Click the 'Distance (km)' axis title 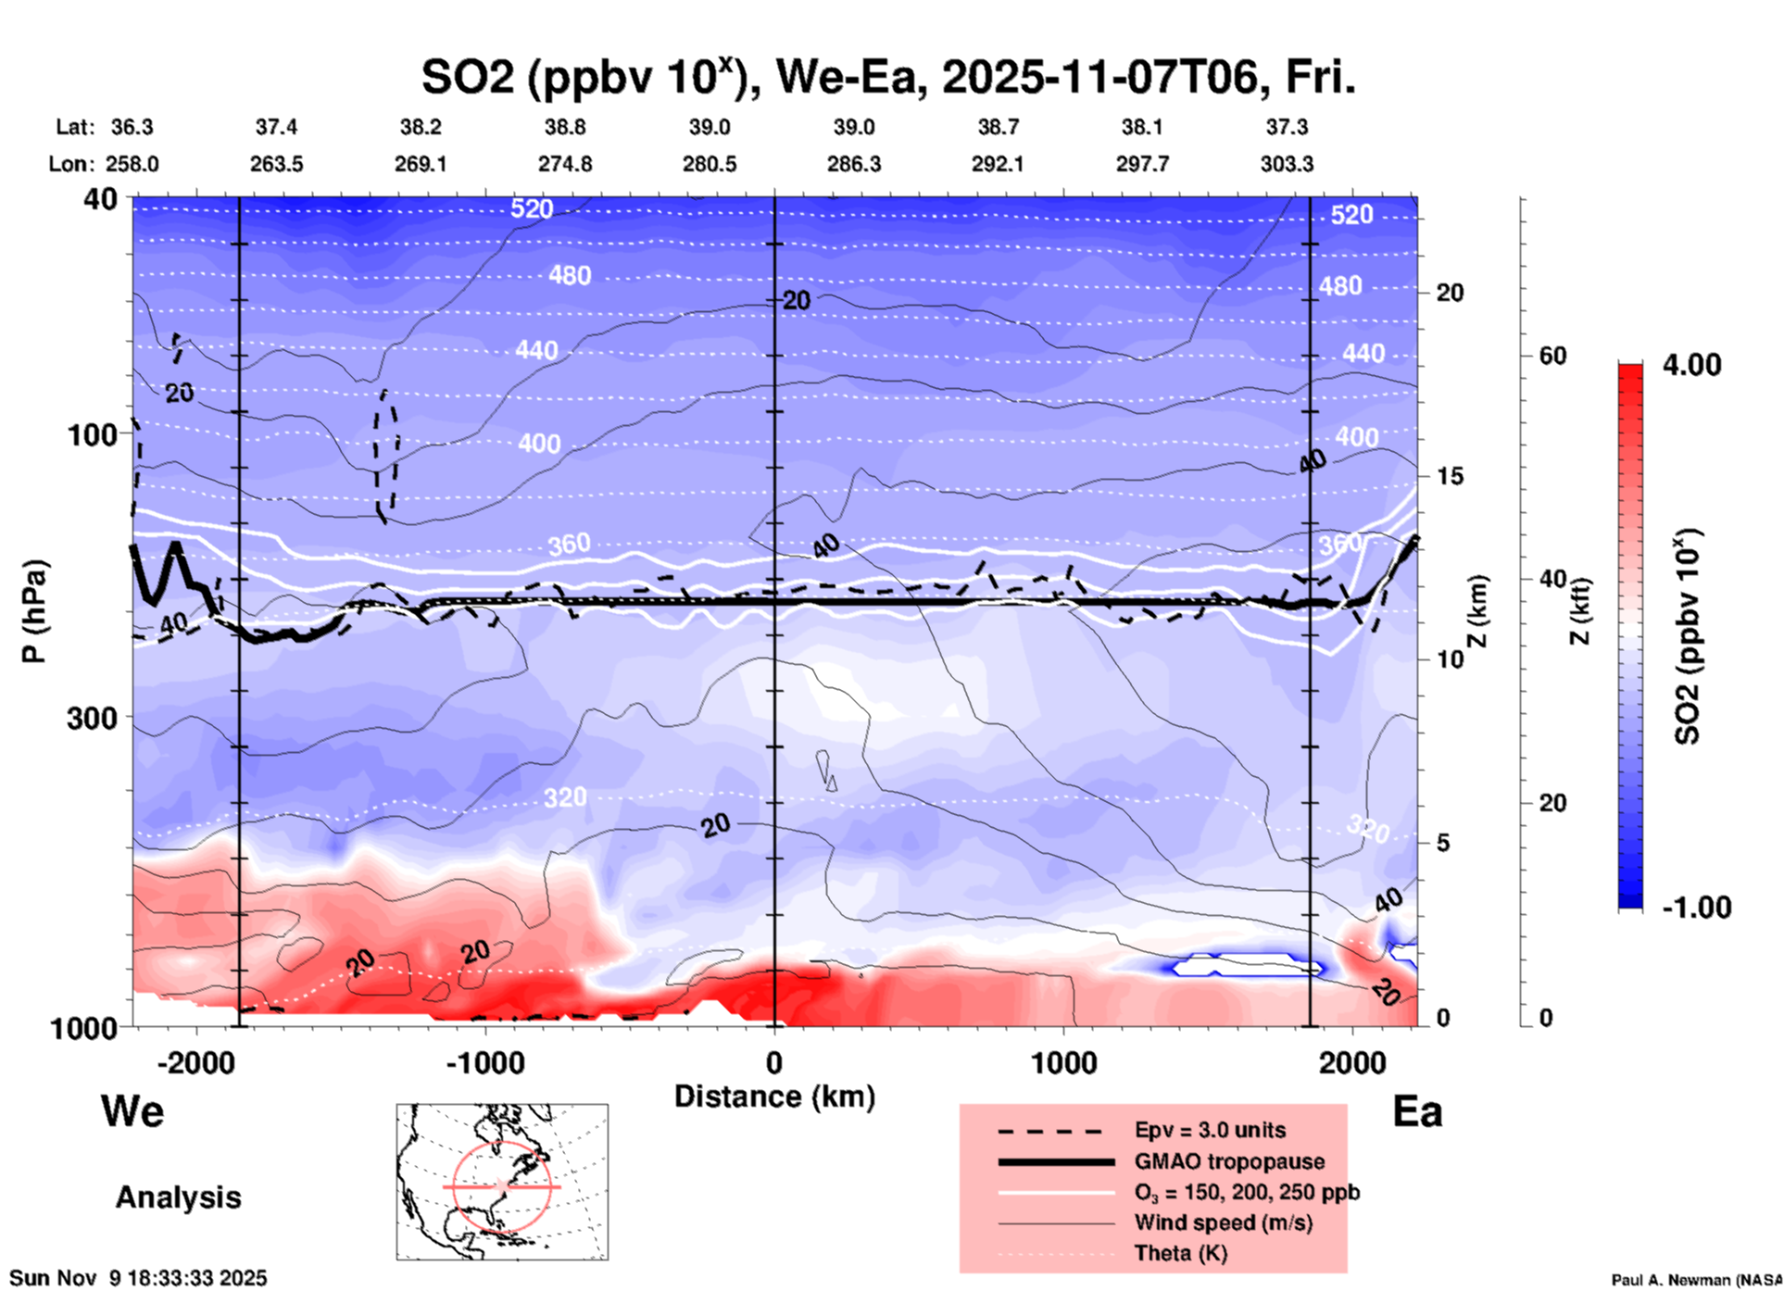point(774,1097)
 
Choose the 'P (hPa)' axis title point(34,611)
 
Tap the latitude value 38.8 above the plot point(565,127)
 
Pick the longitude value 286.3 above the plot point(854,164)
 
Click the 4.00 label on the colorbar point(1691,364)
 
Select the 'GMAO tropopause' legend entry point(1229,1161)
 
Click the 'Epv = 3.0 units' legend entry point(1210,1130)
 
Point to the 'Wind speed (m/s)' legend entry point(1223,1222)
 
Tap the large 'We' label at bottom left point(132,1110)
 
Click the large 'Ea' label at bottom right point(1417,1111)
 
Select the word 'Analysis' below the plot point(178,1197)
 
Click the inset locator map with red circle point(502,1182)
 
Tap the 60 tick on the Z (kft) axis point(1552,356)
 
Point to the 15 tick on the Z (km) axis point(1450,476)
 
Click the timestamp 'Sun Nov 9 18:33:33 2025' point(139,1278)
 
